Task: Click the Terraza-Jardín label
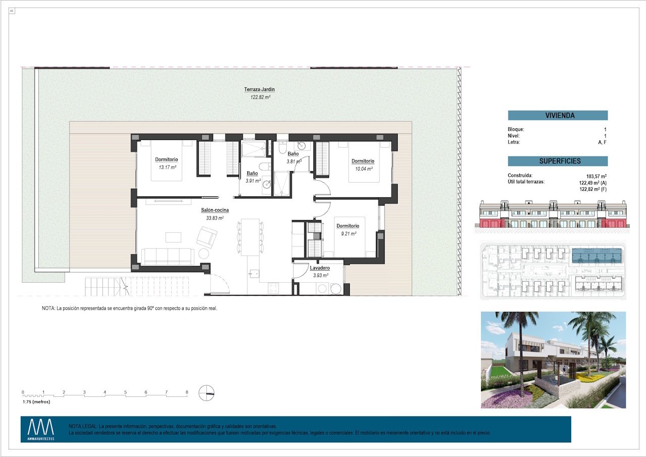259,89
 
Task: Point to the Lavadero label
320,268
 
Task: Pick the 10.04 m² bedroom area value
363,169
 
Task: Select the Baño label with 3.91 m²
252,173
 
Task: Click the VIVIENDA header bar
558,116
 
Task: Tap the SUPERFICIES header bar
558,161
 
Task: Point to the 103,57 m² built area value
596,176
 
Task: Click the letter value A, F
602,142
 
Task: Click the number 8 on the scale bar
187,392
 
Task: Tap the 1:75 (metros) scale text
36,402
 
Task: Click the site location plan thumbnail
554,271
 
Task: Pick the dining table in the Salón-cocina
250,236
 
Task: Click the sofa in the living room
167,256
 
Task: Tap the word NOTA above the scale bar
48,308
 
